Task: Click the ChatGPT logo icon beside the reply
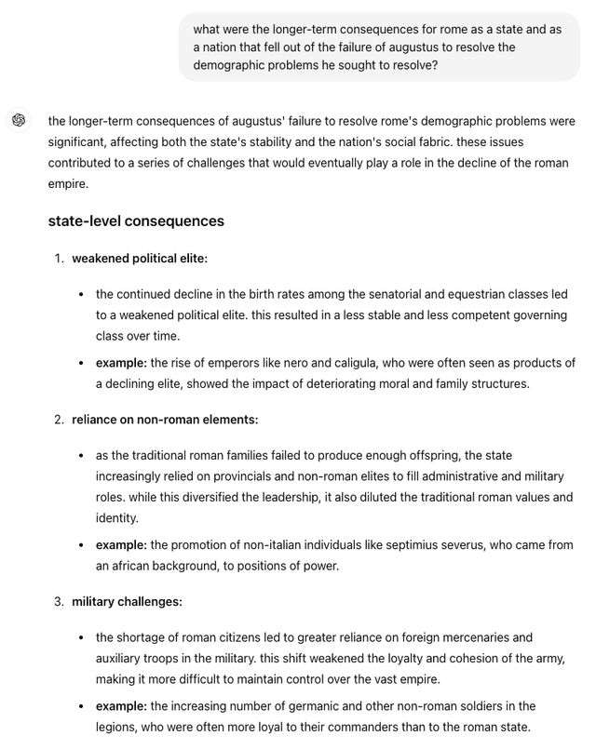pos(18,121)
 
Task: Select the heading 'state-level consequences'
pos(136,221)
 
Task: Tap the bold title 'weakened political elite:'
pos(140,258)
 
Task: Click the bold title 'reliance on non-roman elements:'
pos(165,420)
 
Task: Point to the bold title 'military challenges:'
pos(127,601)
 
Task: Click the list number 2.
pos(58,420)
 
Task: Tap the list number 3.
pos(58,601)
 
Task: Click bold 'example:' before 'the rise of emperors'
pos(121,362)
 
